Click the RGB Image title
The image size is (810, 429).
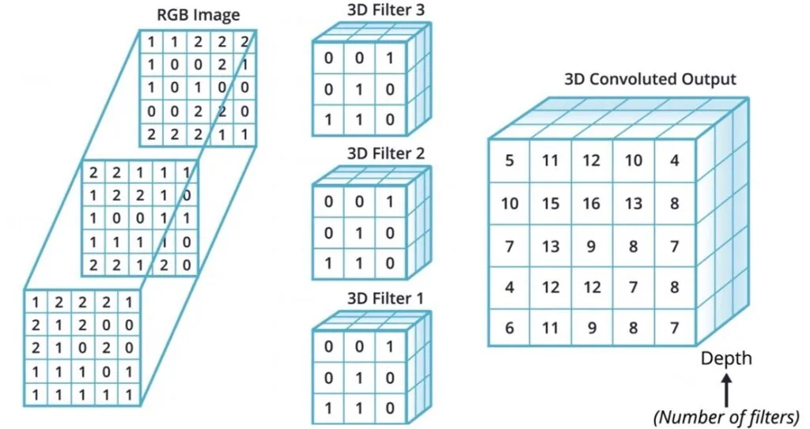[198, 14]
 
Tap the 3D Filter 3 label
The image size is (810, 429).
[385, 9]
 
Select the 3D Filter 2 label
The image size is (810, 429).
[385, 153]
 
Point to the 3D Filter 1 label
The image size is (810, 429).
[385, 298]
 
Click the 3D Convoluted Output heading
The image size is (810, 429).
[650, 79]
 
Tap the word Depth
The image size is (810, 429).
[726, 358]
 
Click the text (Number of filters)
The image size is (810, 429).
[726, 416]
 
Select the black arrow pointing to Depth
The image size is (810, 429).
[726, 390]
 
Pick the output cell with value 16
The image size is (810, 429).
[592, 203]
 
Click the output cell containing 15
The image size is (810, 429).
[551, 203]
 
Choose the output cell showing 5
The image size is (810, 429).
[509, 160]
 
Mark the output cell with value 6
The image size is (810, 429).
[509, 328]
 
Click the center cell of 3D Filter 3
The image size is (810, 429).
[359, 89]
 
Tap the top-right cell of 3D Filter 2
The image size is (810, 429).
[391, 201]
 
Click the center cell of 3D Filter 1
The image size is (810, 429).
[359, 378]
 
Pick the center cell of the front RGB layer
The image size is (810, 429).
[82, 348]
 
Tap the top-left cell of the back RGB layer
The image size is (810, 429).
[151, 42]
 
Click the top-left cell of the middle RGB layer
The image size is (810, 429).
[93, 172]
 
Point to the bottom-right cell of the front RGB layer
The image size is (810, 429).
[129, 395]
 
